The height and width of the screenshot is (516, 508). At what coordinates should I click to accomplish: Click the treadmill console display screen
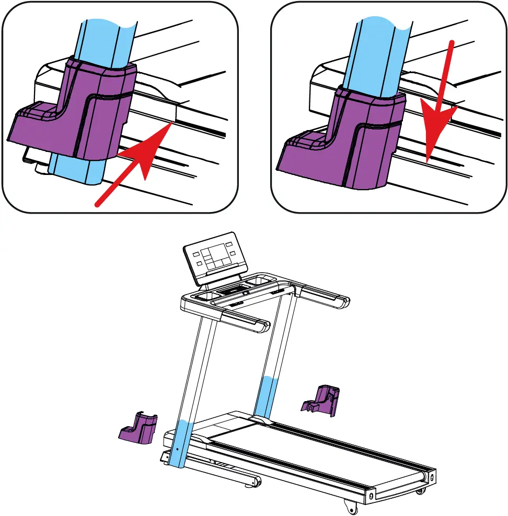tap(214, 256)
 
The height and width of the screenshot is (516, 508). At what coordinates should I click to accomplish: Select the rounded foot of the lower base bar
tap(255, 481)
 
